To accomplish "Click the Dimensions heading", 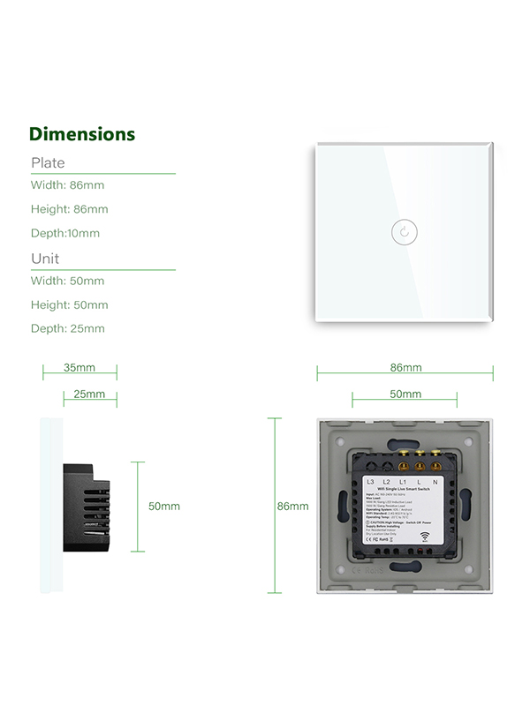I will click(x=82, y=134).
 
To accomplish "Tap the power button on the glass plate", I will click(x=403, y=232).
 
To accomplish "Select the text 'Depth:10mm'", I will click(x=65, y=233).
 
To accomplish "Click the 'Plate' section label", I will click(x=48, y=162).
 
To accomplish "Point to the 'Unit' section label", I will click(x=45, y=259).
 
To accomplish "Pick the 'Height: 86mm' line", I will click(x=69, y=209).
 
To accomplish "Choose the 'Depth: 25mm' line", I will click(x=68, y=328).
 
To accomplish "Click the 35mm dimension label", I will click(x=79, y=367).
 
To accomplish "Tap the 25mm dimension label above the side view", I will click(x=89, y=394).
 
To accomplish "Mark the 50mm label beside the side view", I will click(x=163, y=507).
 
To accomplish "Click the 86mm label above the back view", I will click(x=405, y=367).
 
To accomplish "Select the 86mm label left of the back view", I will click(x=292, y=507).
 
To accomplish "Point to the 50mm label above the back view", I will click(x=405, y=394).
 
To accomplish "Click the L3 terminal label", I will click(x=370, y=481).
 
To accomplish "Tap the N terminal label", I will click(x=436, y=481).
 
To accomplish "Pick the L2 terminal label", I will click(x=387, y=481).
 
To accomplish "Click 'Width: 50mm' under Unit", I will click(x=67, y=281).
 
